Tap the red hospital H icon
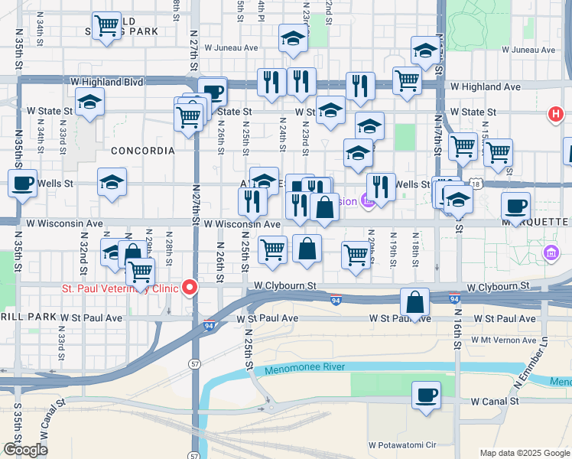pyautogui.click(x=555, y=115)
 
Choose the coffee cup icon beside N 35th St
pyautogui.click(x=22, y=183)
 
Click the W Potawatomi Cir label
pyautogui.click(x=401, y=444)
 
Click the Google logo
pyautogui.click(x=25, y=450)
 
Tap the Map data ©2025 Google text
pyautogui.click(x=525, y=453)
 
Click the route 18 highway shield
pyautogui.click(x=478, y=184)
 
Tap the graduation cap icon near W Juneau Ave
pyautogui.click(x=292, y=37)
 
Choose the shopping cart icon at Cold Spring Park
pyautogui.click(x=106, y=24)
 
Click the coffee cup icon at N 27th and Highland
pyautogui.click(x=213, y=92)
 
